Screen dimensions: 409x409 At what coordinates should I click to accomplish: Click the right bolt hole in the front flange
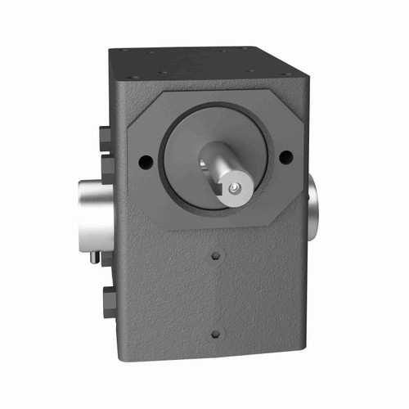285,158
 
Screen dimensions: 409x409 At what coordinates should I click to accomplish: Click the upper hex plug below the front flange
215,256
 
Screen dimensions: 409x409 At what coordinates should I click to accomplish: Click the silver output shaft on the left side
95,209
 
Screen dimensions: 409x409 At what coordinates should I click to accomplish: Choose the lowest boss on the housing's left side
107,301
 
